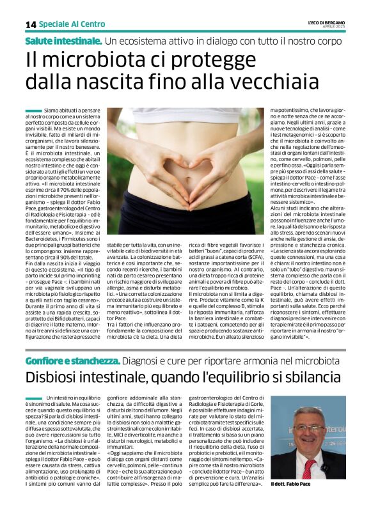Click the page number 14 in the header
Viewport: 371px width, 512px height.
coord(30,24)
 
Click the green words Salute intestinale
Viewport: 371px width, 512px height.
coord(63,41)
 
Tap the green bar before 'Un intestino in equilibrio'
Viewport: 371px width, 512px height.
coord(33,398)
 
